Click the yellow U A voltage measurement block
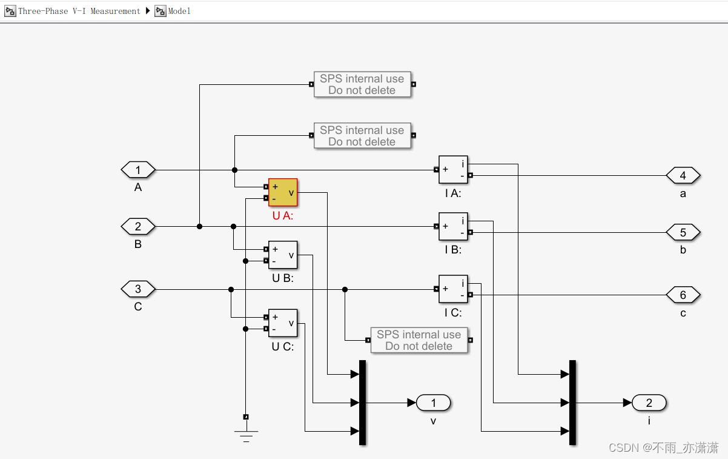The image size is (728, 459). tap(283, 193)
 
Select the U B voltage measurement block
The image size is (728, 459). tap(283, 255)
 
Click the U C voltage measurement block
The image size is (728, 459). tap(283, 323)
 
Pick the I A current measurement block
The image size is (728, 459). tap(453, 170)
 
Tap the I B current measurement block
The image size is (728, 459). tap(453, 227)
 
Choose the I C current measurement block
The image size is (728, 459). tap(453, 289)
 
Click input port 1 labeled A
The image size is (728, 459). tap(138, 170)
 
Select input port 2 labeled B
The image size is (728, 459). tap(138, 227)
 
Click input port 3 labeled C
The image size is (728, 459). tap(138, 289)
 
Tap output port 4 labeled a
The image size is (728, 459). tap(683, 176)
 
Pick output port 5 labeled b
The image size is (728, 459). tap(683, 232)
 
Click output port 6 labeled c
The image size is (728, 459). tap(683, 295)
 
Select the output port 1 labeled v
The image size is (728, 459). tap(433, 403)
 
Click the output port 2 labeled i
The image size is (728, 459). tap(649, 403)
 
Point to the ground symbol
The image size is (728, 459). tap(246, 434)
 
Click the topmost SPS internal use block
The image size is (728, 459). tap(362, 84)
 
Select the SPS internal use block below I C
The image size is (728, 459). tap(419, 340)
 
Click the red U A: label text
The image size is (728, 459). tap(282, 215)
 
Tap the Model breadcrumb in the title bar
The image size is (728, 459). tap(179, 11)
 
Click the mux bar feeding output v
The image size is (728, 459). tap(363, 403)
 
